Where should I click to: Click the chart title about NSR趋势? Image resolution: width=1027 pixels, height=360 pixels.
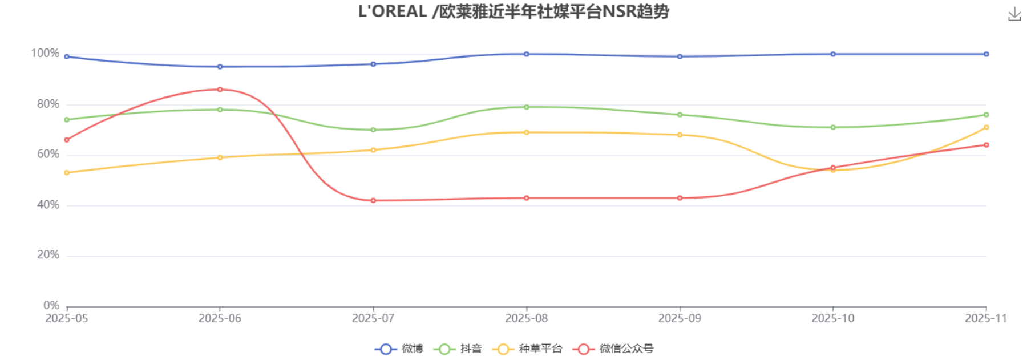click(513, 11)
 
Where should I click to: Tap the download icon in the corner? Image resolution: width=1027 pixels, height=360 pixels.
click(1014, 14)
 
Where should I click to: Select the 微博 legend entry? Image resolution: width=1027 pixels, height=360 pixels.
click(399, 349)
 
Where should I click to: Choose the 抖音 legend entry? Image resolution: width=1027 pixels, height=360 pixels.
click(458, 349)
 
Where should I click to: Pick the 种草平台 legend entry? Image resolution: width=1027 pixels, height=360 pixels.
click(527, 349)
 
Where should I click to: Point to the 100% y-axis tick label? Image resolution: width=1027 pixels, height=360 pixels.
click(45, 53)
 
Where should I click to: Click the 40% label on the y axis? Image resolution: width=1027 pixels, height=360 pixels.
click(48, 204)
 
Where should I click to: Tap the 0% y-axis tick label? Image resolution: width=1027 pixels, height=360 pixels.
click(51, 305)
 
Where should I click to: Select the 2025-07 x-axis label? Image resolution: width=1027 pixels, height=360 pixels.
click(373, 318)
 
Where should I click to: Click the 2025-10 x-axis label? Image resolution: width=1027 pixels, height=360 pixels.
click(833, 318)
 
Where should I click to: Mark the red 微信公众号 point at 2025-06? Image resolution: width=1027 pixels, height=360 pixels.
click(220, 90)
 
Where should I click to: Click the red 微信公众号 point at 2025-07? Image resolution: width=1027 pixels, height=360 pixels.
click(373, 200)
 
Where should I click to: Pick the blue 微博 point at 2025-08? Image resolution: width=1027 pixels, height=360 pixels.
click(527, 54)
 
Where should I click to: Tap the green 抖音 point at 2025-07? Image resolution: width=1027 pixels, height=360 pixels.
click(373, 130)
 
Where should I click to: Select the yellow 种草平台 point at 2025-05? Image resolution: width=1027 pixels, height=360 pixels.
click(67, 172)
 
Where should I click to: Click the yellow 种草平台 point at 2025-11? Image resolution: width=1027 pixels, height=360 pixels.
click(986, 127)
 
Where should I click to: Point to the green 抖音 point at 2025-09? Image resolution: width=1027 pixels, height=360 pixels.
click(680, 115)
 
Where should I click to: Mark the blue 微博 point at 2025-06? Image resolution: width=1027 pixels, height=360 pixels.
click(220, 67)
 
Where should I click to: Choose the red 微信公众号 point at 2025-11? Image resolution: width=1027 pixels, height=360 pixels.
click(986, 145)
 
